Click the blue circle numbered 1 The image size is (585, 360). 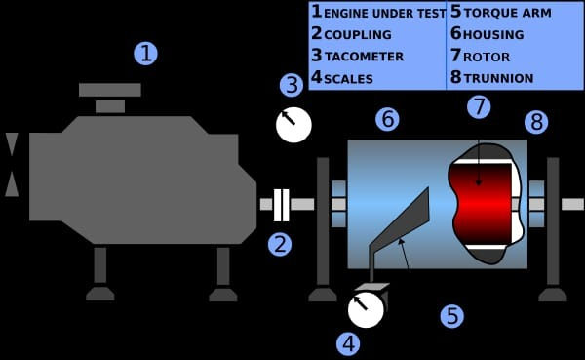(x=144, y=53)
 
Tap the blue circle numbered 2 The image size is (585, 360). (x=281, y=243)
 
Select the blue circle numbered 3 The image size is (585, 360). (x=291, y=85)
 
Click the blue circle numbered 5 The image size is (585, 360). (x=450, y=316)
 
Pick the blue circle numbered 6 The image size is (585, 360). (x=387, y=120)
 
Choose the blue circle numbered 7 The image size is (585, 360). (x=478, y=106)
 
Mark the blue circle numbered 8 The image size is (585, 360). (x=536, y=122)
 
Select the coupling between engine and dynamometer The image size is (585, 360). (x=281, y=204)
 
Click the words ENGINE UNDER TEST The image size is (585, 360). (x=385, y=14)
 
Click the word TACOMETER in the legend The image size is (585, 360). (x=363, y=57)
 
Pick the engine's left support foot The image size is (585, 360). (x=99, y=292)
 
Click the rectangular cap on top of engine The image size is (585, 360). (x=109, y=90)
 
